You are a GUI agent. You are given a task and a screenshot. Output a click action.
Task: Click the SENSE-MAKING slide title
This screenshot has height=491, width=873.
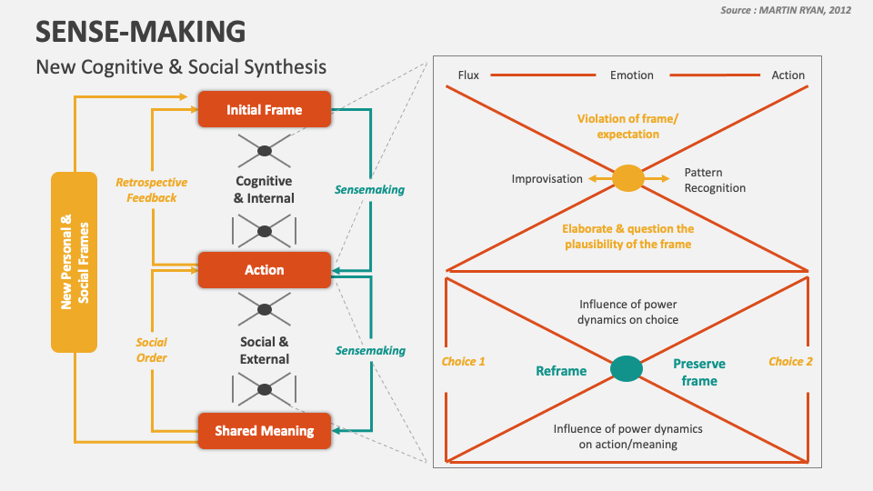[140, 31]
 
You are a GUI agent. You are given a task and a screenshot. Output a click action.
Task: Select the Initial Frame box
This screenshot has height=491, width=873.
[264, 110]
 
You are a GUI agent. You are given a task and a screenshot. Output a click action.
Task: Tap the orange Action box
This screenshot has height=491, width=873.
[264, 270]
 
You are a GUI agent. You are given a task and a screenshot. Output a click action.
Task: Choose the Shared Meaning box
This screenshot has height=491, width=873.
[264, 430]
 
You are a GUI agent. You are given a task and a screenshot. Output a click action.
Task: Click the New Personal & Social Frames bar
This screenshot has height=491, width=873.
[74, 262]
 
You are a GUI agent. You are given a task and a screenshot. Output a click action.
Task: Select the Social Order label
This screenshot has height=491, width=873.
[151, 350]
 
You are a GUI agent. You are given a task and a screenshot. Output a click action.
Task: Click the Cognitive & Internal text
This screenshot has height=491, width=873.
[264, 190]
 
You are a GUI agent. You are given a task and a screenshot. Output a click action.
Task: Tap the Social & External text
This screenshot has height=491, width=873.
[264, 350]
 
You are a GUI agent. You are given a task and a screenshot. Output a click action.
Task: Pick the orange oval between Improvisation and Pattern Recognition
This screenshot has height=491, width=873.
[627, 178]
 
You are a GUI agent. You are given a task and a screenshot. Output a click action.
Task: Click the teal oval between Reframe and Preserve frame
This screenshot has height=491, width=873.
[626, 368]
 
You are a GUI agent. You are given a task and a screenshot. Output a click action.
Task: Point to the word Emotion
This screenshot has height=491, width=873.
[631, 75]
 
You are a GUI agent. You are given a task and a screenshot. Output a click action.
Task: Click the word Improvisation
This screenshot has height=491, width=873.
[547, 179]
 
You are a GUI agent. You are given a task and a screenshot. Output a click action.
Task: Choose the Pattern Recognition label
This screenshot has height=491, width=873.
[715, 180]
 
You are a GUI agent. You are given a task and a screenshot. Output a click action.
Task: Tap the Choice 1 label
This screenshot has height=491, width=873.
[463, 362]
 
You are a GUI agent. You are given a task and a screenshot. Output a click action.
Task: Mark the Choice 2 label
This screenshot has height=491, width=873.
[790, 362]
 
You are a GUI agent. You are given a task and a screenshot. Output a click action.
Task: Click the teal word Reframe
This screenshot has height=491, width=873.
[561, 371]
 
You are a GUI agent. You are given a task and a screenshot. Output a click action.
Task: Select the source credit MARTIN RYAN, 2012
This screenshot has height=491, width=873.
[788, 10]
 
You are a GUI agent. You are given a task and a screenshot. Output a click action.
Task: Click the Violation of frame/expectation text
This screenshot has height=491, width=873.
[627, 126]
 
